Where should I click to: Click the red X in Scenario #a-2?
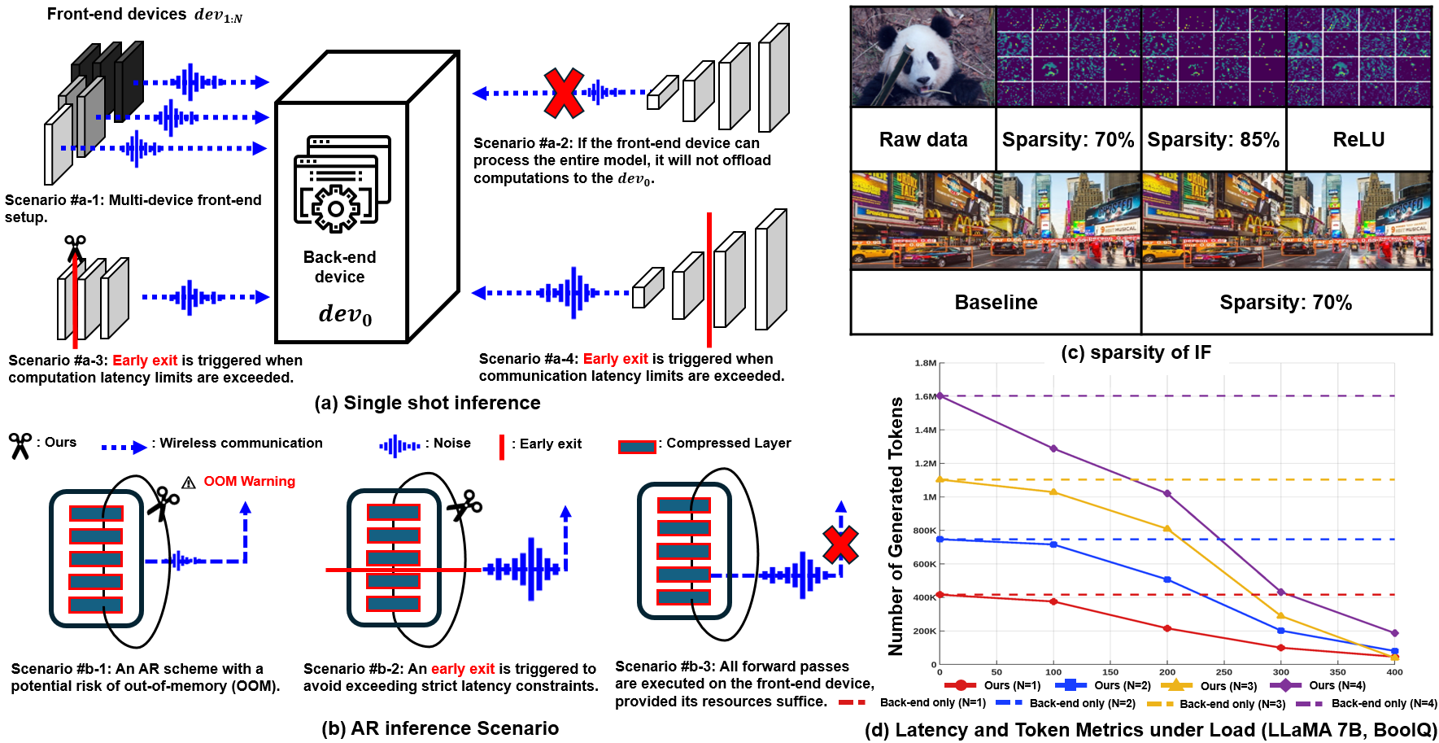click(x=564, y=94)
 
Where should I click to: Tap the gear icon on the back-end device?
click(x=335, y=208)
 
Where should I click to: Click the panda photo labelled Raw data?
click(x=923, y=57)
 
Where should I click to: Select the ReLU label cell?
click(x=1358, y=140)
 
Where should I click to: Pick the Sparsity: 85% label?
click(x=1213, y=140)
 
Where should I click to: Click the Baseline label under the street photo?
click(x=996, y=303)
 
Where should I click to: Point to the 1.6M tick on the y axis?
click(x=926, y=396)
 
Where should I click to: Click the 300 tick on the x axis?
click(x=1281, y=672)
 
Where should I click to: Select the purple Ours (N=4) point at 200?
click(x=1167, y=493)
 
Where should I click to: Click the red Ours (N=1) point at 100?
click(x=1053, y=601)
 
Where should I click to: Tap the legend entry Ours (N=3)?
click(x=1211, y=686)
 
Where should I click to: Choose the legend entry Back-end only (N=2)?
click(x=1066, y=703)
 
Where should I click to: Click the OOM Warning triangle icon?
click(x=189, y=483)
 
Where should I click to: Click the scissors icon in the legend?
click(x=20, y=445)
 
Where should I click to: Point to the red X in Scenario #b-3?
click(x=840, y=545)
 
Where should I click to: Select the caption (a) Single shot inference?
click(x=427, y=403)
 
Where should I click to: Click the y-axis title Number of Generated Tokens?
click(x=896, y=526)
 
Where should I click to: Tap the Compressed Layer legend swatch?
click(x=637, y=447)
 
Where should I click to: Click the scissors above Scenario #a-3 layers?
click(x=75, y=247)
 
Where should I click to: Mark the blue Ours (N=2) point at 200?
click(x=1167, y=579)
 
